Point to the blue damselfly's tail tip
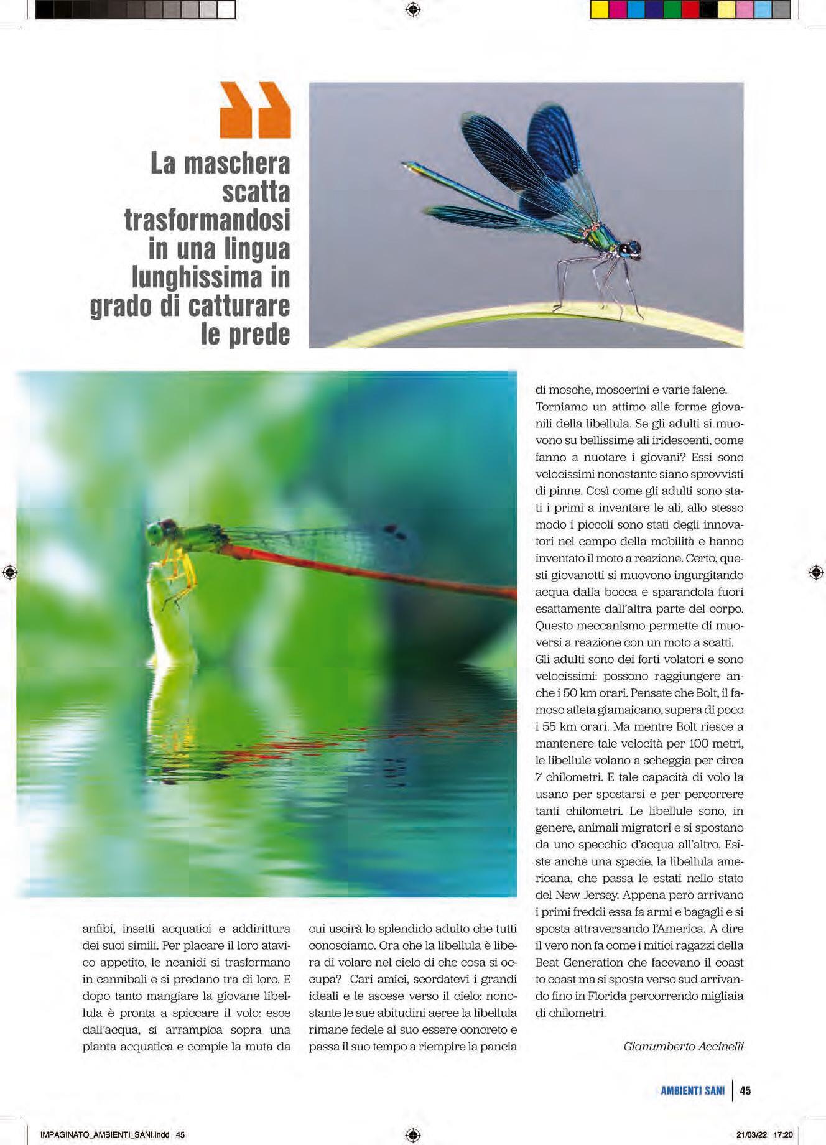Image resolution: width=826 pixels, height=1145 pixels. (x=405, y=165)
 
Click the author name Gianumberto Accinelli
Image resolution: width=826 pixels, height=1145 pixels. (x=683, y=1046)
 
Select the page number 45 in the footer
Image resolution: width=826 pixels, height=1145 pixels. (x=745, y=1090)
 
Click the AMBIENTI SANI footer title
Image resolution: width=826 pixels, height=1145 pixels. (x=692, y=1090)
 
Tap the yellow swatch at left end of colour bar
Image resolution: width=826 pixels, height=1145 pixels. (x=599, y=10)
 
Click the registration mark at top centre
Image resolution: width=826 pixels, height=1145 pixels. (x=413, y=9)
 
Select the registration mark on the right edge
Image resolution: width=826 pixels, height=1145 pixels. (x=816, y=573)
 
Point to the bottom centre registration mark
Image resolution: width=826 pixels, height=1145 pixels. (x=413, y=1135)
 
